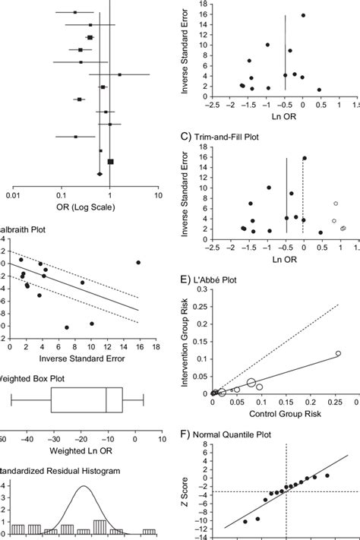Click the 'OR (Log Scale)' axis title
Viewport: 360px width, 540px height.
pos(82,209)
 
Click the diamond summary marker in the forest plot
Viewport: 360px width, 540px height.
pos(99,174)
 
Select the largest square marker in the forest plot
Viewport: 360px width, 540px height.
pos(111,161)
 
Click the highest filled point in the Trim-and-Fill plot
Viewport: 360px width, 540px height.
pos(304,158)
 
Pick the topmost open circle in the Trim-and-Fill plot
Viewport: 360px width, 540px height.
pos(335,204)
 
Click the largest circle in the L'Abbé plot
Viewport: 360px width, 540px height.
pos(251,382)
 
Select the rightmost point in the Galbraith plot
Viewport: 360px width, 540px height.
pos(138,263)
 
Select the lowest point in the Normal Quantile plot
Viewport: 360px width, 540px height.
pos(245,522)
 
